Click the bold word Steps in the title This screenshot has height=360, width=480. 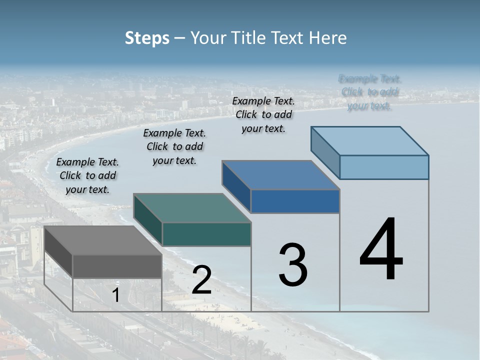(x=147, y=38)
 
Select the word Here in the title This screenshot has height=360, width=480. (x=328, y=38)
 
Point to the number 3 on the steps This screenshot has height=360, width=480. (x=292, y=265)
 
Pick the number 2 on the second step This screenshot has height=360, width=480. (x=201, y=280)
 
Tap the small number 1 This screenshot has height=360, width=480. (x=115, y=295)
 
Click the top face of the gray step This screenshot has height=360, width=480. (x=102, y=240)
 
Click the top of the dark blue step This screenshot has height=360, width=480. (x=281, y=175)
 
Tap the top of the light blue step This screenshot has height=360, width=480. (x=370, y=141)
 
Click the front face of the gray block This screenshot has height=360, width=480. (x=117, y=266)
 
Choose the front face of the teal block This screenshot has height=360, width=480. (x=206, y=234)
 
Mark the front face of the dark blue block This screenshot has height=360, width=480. (x=295, y=201)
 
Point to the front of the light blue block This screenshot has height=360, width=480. (x=384, y=167)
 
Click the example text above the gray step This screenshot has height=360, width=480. (x=87, y=175)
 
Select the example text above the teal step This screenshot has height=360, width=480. (x=174, y=146)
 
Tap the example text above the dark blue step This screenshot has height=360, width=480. (x=263, y=114)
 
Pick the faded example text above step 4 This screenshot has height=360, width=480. (x=370, y=92)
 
